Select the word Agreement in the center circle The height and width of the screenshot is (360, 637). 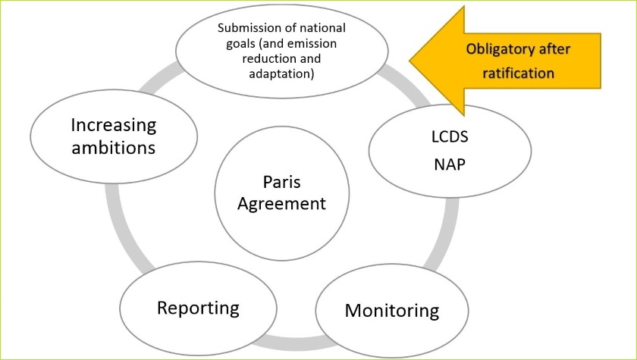point(282,203)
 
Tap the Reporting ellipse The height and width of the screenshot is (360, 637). point(198,308)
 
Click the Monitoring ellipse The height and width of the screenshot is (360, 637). point(391,310)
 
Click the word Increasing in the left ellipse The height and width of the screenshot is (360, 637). point(113,124)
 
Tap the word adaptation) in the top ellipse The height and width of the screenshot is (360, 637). point(281,74)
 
